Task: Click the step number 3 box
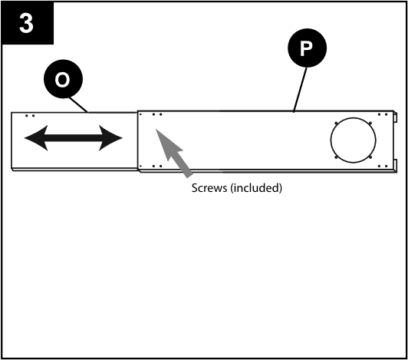[27, 23]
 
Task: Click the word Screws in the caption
[209, 187]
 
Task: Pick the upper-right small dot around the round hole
[370, 124]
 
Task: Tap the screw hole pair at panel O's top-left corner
[29, 116]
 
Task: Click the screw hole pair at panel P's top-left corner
[156, 115]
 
